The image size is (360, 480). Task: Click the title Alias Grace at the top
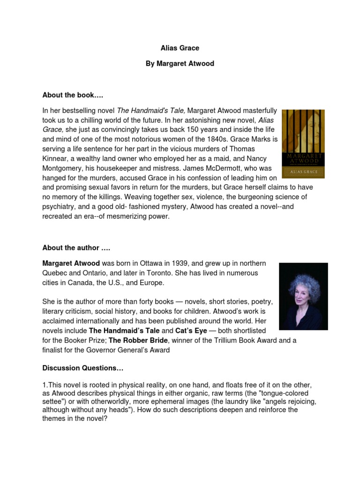(180, 48)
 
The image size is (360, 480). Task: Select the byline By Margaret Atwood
(180, 63)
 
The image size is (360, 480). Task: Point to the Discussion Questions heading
(82, 368)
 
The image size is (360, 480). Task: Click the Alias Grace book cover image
(303, 144)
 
